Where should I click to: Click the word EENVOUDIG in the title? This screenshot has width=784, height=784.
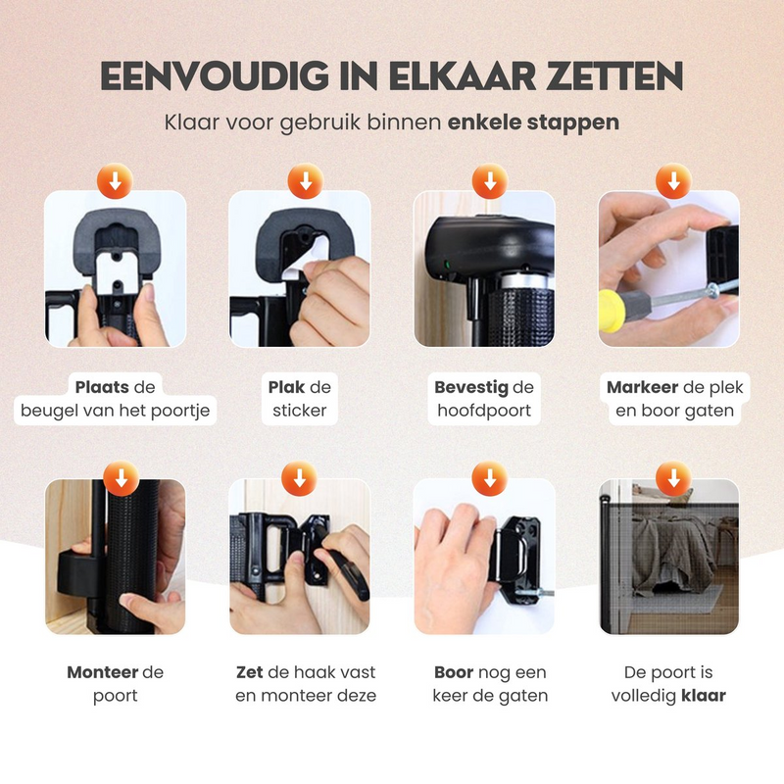point(215,76)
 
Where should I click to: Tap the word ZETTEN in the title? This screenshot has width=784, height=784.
point(614,76)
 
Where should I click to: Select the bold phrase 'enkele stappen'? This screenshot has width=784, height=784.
point(533,122)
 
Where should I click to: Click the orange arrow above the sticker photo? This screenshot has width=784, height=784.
point(306,181)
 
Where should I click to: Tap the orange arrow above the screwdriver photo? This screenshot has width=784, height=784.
point(673,181)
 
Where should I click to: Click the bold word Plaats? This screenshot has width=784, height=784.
point(102,387)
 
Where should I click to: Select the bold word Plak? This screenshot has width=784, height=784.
point(286,387)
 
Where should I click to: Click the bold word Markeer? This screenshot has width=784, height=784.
point(643,387)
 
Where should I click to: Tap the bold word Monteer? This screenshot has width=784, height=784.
point(103,672)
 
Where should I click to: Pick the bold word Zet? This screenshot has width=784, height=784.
point(250,672)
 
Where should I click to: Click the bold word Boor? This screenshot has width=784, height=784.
point(454,672)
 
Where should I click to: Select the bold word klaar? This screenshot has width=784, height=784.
point(703,696)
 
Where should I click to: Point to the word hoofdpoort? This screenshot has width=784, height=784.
point(484,411)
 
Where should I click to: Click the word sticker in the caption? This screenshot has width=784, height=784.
point(300,411)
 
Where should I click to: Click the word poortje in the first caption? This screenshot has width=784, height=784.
point(180,411)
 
